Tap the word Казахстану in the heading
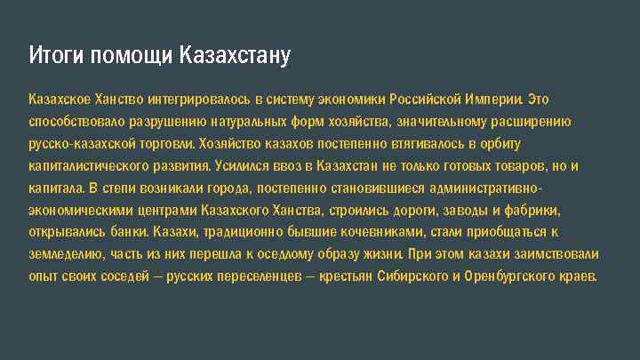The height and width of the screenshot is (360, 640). pyautogui.click(x=235, y=56)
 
